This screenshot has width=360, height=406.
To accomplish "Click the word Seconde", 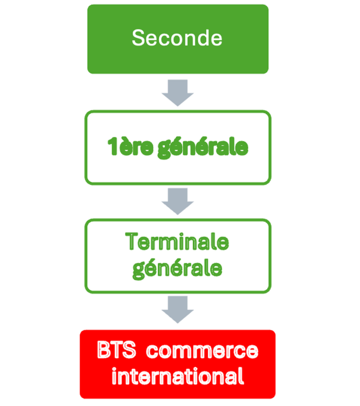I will [177, 38].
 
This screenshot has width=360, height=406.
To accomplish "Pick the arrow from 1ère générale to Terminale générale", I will [177, 200].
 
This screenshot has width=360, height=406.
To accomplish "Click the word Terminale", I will [177, 242].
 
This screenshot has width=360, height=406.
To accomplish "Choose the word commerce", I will [204, 351].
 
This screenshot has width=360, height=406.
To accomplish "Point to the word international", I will [177, 377].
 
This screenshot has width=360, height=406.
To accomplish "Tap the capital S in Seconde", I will [138, 38].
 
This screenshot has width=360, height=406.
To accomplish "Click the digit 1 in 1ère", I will [112, 147].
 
